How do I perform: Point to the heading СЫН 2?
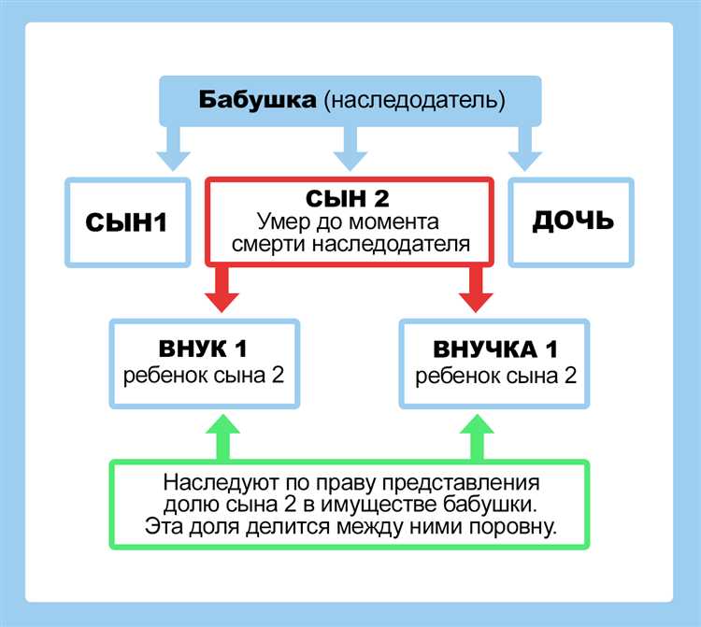pyautogui.click(x=349, y=199)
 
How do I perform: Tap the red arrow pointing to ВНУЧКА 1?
pyautogui.click(x=475, y=291)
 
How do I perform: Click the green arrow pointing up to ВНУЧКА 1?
pyautogui.click(x=475, y=437)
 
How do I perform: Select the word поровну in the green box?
pyautogui.click(x=506, y=526)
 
